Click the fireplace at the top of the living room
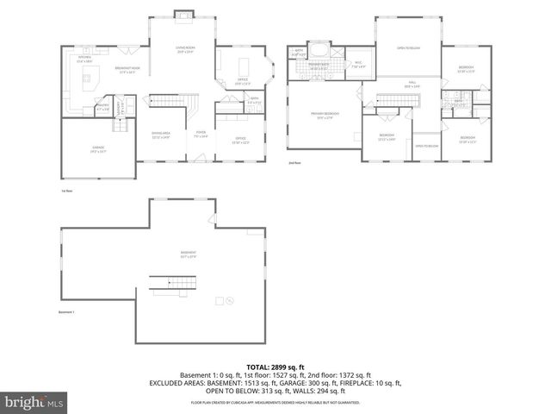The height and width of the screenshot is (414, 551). click(x=183, y=15)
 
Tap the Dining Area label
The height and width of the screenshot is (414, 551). click(x=161, y=135)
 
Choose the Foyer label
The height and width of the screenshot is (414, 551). click(x=201, y=135)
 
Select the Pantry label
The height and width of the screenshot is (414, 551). click(x=102, y=109)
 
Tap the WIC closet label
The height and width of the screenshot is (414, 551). click(x=358, y=63)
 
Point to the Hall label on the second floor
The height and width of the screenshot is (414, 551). click(x=411, y=85)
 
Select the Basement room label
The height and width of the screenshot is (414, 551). click(x=189, y=254)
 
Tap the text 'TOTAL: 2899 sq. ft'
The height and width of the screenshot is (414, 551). click(x=275, y=367)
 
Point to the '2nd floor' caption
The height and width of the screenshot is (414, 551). click(x=294, y=162)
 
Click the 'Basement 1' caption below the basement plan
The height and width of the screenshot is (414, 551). click(x=67, y=312)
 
